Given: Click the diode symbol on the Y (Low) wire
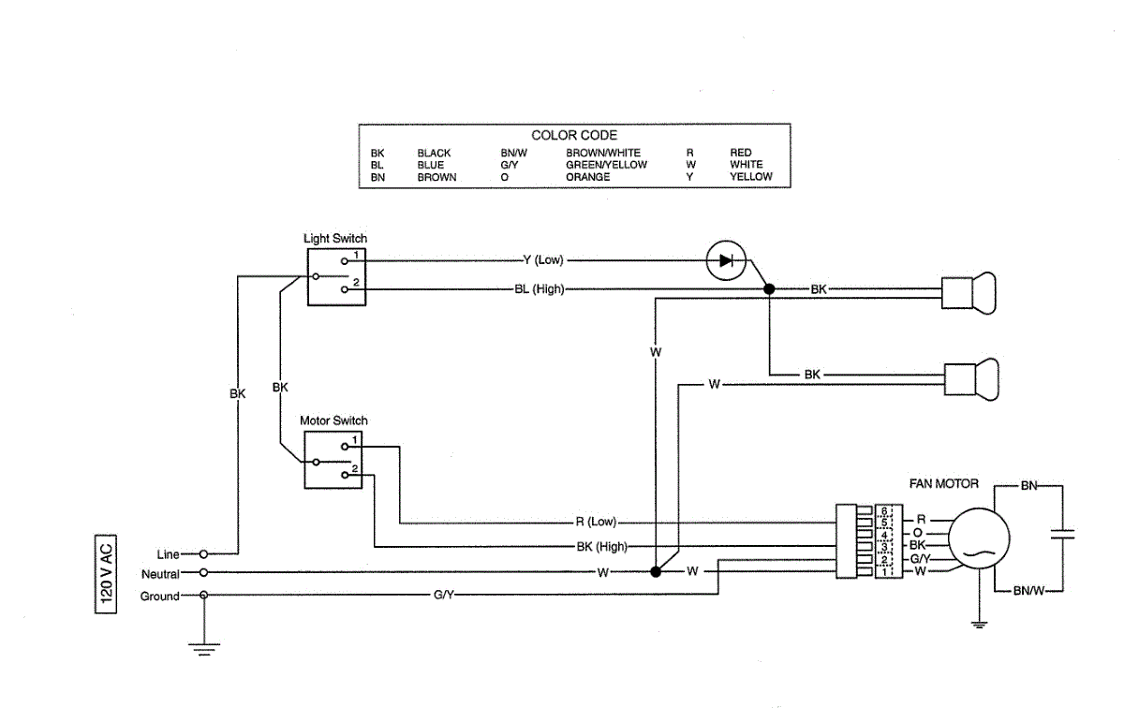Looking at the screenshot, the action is point(726,260).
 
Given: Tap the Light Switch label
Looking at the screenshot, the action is point(335,238).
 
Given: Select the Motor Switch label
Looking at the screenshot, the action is point(333,420).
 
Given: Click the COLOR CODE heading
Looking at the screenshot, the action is point(574,135).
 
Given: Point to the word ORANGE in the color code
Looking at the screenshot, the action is point(587,177).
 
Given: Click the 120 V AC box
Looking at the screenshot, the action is point(106,574).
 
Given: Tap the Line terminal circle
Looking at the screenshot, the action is point(203,554).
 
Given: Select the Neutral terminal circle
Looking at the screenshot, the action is point(203,572).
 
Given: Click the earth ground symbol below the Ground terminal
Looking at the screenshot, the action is point(204,649).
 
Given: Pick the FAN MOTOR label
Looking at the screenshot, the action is point(944,484).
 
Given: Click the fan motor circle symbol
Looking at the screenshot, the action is point(979,538).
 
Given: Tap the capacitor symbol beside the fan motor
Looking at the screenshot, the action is point(1063,534).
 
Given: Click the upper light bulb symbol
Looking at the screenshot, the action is point(969,293).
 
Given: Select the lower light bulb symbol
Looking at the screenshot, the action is point(971,380).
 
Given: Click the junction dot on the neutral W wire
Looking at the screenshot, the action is point(656,572).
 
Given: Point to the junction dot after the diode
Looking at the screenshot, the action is point(769,289).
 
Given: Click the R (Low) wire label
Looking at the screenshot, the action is point(596,522).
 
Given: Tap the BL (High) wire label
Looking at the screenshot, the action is point(540,289).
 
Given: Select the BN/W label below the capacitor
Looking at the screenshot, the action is point(1028,591).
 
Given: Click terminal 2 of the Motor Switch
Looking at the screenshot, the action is point(345,475).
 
